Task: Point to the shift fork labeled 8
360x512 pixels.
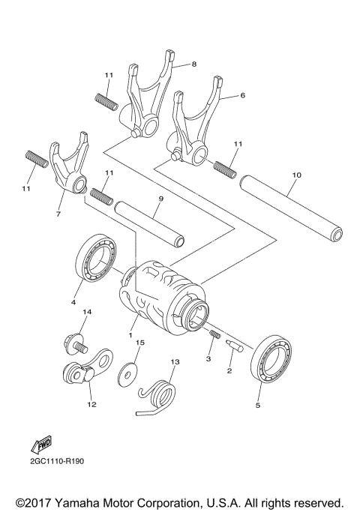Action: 150,97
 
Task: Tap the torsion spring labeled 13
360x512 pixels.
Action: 160,395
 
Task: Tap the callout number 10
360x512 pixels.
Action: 297,175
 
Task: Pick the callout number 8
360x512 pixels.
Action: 193,64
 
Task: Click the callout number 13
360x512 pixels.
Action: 175,362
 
